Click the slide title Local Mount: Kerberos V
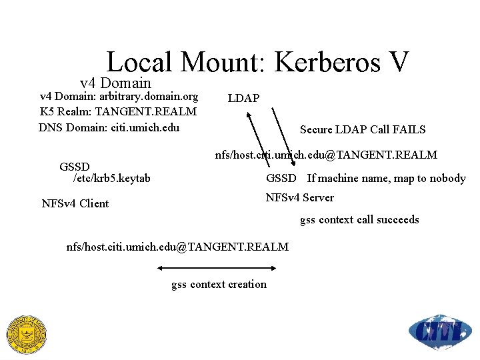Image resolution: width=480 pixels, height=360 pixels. pos(257,63)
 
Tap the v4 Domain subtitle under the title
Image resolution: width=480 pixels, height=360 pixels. pos(115,83)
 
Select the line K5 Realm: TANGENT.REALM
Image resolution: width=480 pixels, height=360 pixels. pos(118,111)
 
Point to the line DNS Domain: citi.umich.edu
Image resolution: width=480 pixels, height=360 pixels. pos(109,127)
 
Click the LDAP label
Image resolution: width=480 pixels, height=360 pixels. pos(243,99)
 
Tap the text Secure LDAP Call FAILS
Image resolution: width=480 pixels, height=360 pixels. pos(362,129)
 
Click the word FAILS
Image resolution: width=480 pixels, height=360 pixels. pos(409,129)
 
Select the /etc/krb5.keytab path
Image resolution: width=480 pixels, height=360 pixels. pos(111,178)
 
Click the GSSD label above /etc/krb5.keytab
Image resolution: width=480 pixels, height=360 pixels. pos(75,166)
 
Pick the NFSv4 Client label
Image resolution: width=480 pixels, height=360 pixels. pos(75,203)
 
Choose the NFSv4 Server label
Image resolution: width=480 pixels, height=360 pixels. pos(299,197)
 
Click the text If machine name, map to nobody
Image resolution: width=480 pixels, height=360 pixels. pos(386,178)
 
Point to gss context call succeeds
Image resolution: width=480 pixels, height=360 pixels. pos(359,219)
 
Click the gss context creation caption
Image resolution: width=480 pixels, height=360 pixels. pos(219,285)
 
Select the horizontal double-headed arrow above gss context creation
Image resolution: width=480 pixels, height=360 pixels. pos(217,268)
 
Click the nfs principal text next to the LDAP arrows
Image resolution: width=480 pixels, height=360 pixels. pos(325,155)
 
